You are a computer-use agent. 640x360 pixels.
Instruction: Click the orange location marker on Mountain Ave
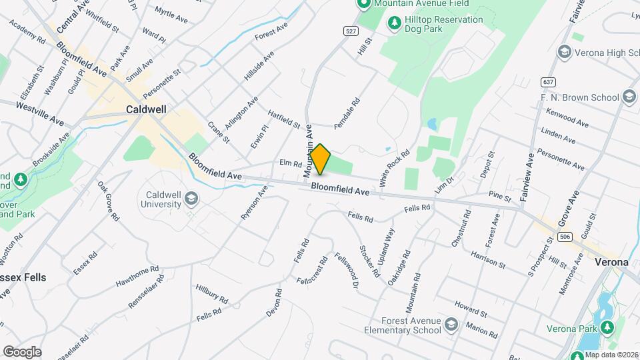tap(321, 159)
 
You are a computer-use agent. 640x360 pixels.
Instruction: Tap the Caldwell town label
tap(146, 109)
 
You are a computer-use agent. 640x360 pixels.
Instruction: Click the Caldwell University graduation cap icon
tap(191, 199)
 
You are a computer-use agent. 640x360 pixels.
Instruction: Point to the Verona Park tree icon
tap(607, 328)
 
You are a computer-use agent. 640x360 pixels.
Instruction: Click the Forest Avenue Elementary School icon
tap(451, 325)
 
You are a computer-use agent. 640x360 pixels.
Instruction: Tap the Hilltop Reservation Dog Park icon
tap(395, 24)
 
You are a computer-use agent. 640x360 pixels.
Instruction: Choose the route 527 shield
tap(350, 31)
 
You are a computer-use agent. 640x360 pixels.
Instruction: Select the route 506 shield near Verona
tap(565, 237)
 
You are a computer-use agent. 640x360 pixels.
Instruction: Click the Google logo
tap(22, 351)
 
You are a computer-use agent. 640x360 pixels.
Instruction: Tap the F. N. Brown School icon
tap(629, 97)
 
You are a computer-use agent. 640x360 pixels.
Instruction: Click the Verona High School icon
tap(564, 52)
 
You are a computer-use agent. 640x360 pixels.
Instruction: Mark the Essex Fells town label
tap(23, 277)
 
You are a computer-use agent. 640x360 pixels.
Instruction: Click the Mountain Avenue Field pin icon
tap(363, 4)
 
